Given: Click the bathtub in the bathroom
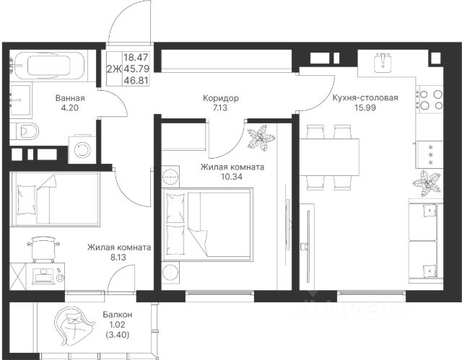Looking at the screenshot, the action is click(x=48, y=66).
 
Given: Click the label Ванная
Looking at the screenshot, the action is click(x=70, y=98).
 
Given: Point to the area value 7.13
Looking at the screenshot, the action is click(x=220, y=107).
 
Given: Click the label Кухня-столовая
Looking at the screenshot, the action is click(x=365, y=97).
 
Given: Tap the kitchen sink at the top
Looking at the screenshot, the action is click(x=383, y=63).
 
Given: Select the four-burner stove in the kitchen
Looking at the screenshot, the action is click(x=430, y=100).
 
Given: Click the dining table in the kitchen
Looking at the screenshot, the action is click(x=329, y=157).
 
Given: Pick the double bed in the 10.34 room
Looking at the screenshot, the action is click(x=207, y=224).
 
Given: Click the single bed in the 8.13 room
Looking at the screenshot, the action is click(x=55, y=199).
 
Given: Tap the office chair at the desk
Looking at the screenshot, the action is click(x=43, y=248).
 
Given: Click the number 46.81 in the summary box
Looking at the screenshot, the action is click(x=136, y=80).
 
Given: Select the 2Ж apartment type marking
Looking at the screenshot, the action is click(x=114, y=69).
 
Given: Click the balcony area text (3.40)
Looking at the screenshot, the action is click(x=117, y=335).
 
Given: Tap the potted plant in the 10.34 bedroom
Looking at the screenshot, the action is click(x=261, y=138).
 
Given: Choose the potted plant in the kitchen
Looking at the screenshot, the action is click(x=427, y=184).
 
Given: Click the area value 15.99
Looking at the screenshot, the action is click(x=365, y=107).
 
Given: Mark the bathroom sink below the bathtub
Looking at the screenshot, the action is click(x=20, y=100).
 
